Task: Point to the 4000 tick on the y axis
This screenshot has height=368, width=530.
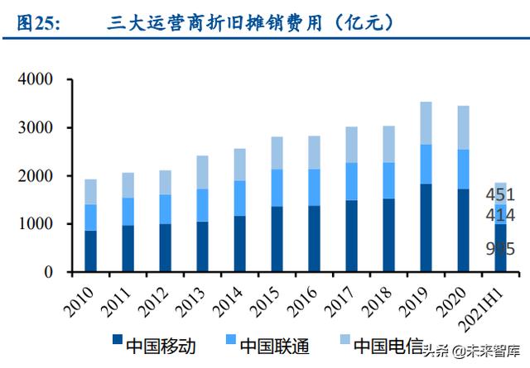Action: coord(35,80)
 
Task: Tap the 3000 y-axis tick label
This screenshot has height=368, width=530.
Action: coord(35,128)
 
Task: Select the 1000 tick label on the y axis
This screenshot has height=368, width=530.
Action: coord(35,224)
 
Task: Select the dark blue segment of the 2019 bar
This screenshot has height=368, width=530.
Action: coord(426,227)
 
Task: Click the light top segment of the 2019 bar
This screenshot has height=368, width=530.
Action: coord(426,123)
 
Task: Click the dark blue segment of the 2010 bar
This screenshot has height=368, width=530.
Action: coord(90,251)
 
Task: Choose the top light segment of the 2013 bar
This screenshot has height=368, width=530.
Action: coord(203,172)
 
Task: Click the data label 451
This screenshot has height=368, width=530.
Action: coord(501,195)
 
